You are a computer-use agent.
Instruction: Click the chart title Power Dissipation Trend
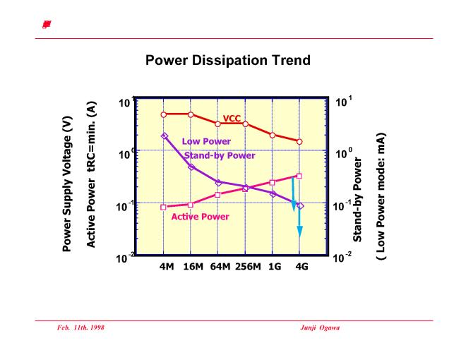click(227, 61)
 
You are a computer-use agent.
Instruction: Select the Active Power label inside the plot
click(200, 217)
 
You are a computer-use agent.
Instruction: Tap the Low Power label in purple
click(206, 141)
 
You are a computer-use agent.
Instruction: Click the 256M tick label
click(246, 267)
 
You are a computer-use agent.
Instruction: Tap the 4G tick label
click(300, 267)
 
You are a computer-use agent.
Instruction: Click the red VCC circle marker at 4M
click(163, 114)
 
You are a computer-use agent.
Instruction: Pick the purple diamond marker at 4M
click(163, 136)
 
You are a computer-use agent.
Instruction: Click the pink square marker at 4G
click(299, 176)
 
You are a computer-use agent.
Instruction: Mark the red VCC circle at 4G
click(299, 141)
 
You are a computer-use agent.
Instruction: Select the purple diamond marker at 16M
click(191, 167)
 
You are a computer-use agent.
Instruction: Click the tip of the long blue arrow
click(299, 236)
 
